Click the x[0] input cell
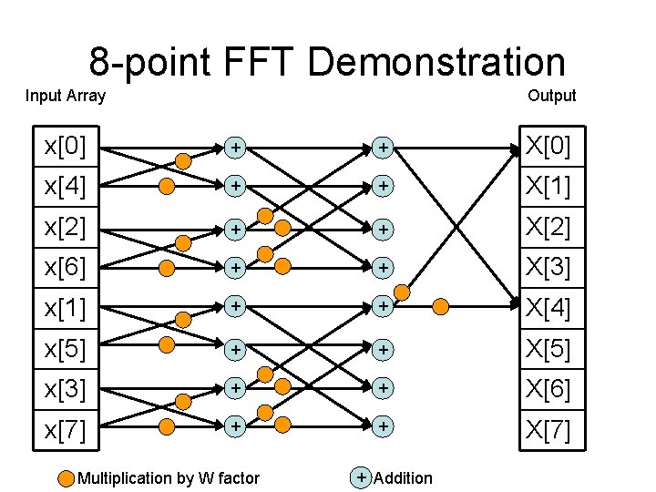click(66, 147)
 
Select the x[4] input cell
click(66, 187)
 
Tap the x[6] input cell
click(66, 268)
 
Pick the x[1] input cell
click(66, 309)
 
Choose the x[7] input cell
click(66, 430)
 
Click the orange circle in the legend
click(67, 478)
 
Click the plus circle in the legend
click(362, 477)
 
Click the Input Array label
click(66, 96)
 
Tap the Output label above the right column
click(551, 96)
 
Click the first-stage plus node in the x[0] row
click(235, 147)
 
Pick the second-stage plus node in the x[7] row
click(384, 425)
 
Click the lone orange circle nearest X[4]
click(441, 306)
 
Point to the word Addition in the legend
click(404, 478)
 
